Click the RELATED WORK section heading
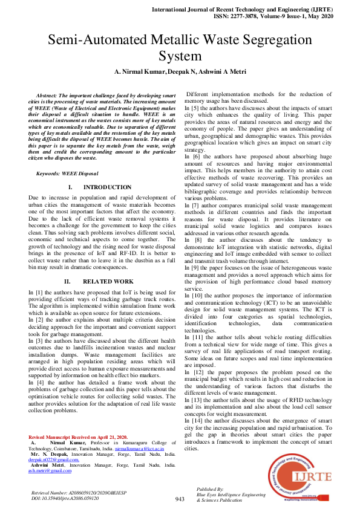[x=107, y=282]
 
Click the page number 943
[x=180, y=499]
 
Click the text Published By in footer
[x=210, y=488]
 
